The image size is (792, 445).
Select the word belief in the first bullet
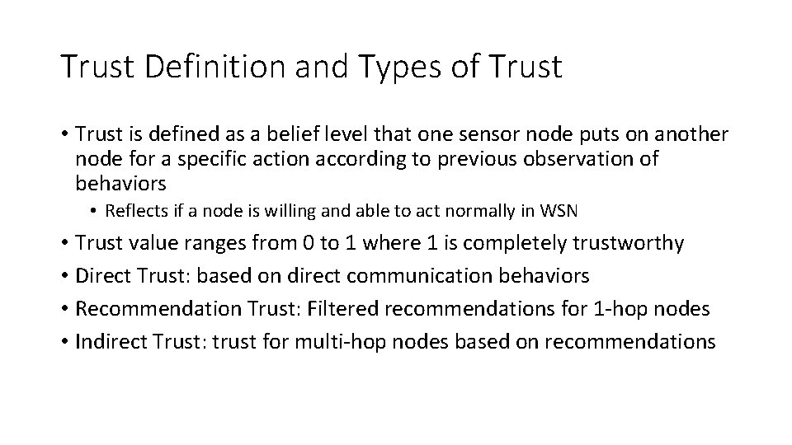298,133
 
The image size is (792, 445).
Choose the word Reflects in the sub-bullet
131,211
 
